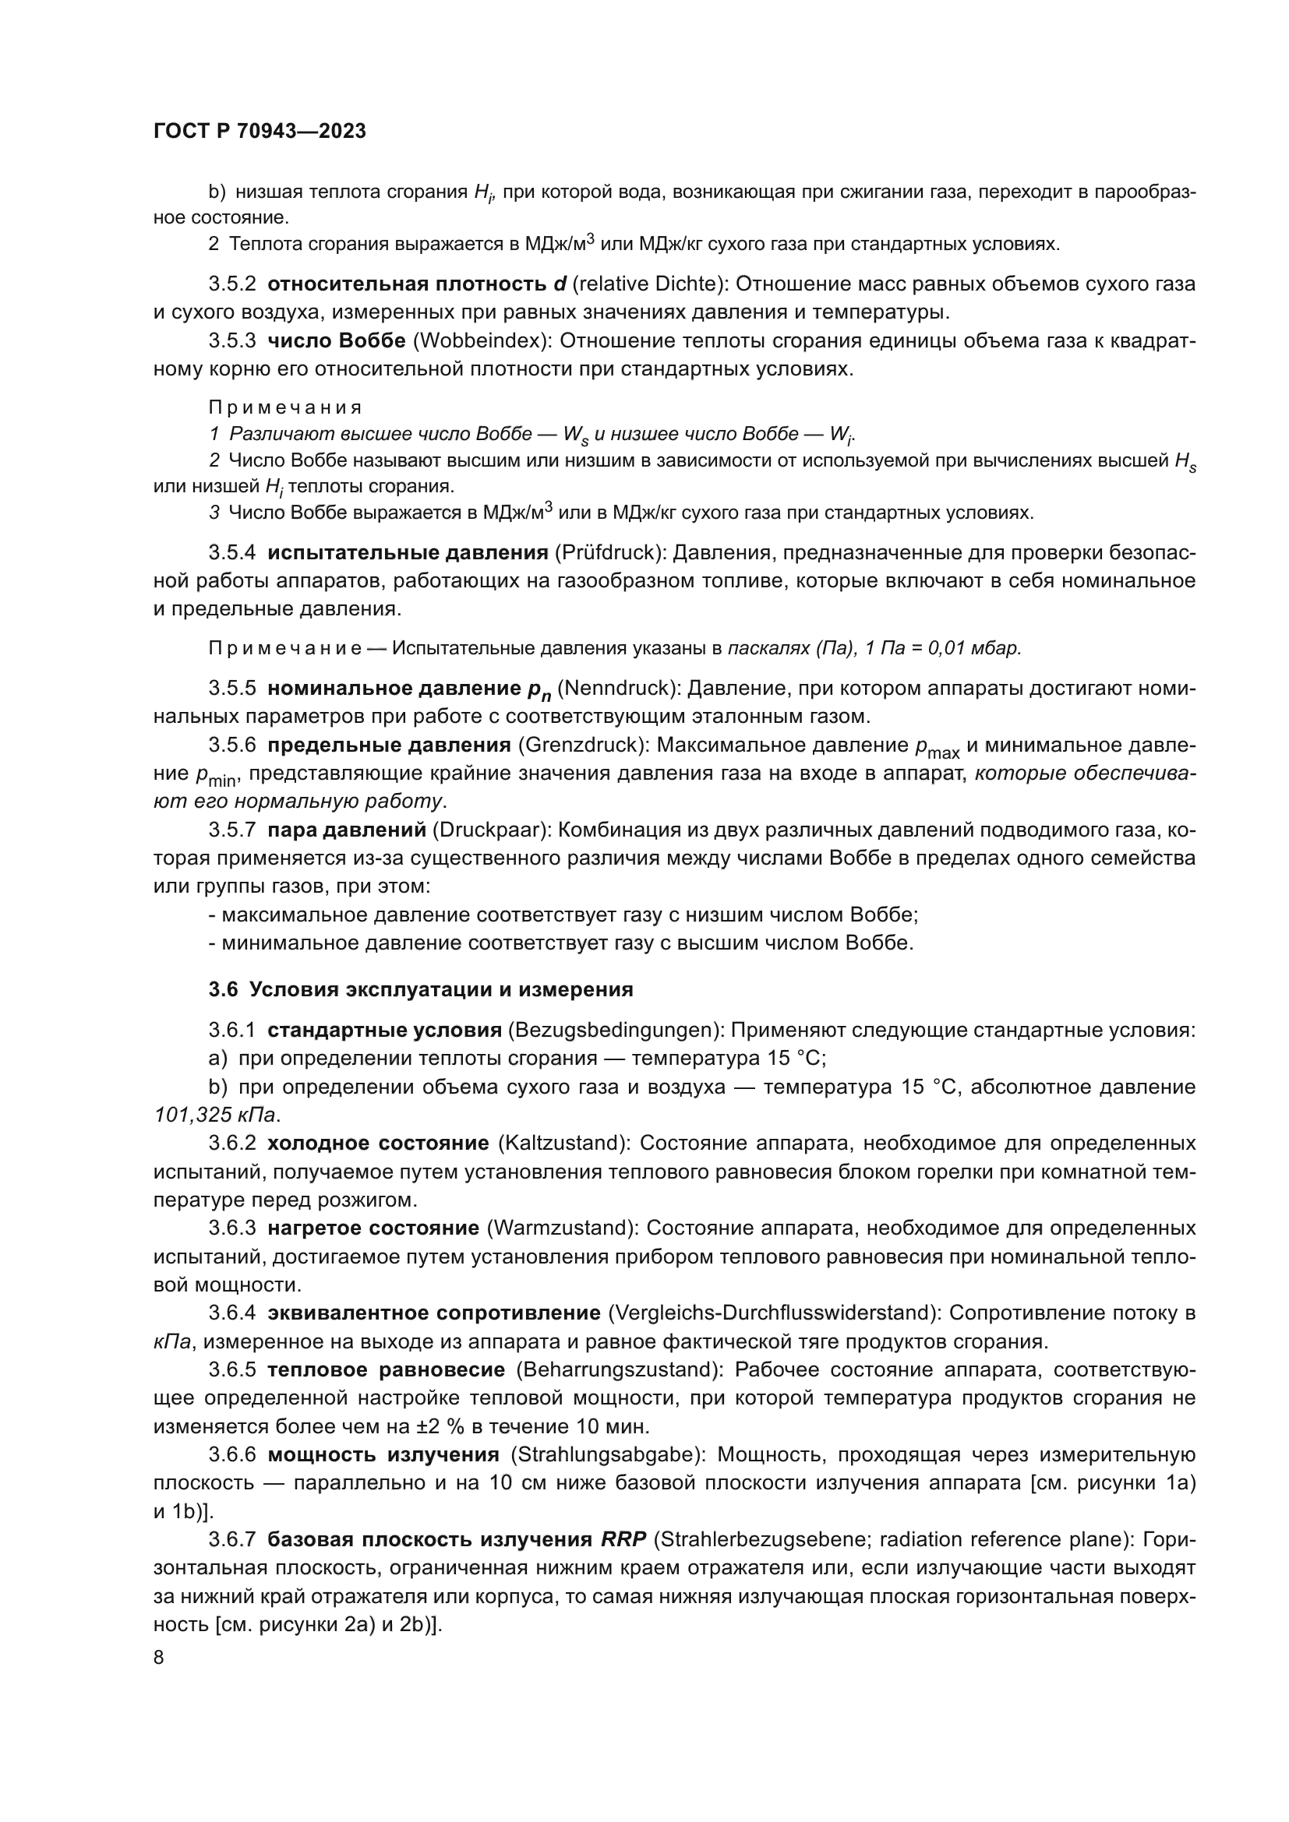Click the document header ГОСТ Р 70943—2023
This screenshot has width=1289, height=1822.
(260, 132)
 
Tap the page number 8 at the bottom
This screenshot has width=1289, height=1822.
(159, 1658)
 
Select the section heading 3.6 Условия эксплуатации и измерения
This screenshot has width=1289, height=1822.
(421, 989)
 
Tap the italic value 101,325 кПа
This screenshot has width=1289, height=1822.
(215, 1115)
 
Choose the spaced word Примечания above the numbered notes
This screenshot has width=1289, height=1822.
(285, 408)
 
